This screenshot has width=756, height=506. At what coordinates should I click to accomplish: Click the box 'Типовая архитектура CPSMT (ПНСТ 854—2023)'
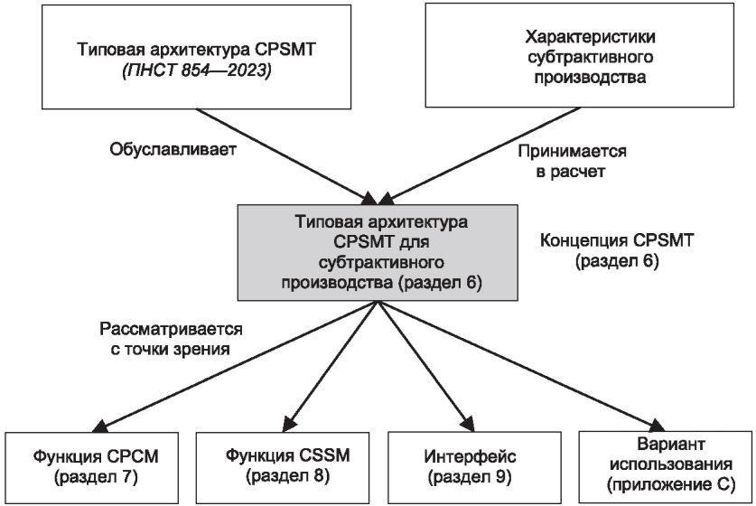click(196, 57)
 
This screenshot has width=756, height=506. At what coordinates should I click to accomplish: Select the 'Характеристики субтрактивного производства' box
click(580, 55)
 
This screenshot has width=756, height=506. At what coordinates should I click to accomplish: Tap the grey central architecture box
click(378, 252)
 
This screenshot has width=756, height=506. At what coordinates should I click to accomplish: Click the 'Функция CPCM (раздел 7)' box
click(92, 467)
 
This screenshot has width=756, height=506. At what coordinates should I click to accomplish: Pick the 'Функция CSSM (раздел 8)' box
click(283, 467)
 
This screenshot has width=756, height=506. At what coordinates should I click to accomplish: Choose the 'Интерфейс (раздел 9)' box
click(474, 467)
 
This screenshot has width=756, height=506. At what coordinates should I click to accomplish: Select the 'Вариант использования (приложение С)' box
click(665, 467)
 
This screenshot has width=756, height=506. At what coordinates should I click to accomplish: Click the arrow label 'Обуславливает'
click(173, 149)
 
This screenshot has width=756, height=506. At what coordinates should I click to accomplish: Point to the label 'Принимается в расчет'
click(572, 161)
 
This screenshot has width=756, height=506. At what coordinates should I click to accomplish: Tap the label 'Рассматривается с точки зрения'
click(171, 339)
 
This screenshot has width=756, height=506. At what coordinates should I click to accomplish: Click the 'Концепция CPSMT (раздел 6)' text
click(617, 250)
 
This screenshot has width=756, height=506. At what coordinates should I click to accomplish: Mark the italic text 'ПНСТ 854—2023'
click(196, 70)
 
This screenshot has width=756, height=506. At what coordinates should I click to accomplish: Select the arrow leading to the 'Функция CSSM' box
click(331, 366)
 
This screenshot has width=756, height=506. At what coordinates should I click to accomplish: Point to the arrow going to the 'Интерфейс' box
click(425, 366)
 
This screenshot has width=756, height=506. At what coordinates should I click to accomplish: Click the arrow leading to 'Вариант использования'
click(521, 365)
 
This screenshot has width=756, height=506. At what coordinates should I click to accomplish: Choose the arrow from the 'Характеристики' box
click(480, 155)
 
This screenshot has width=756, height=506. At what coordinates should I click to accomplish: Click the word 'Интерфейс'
click(470, 455)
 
